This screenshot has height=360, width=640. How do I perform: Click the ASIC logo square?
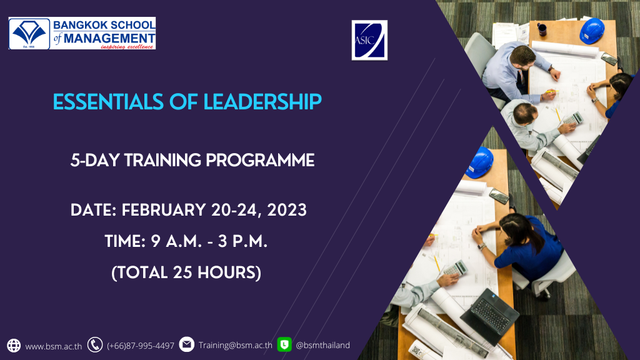tap(369, 40)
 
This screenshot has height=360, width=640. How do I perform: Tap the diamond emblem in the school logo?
tap(29, 33)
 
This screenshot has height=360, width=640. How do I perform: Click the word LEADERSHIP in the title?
tap(262, 102)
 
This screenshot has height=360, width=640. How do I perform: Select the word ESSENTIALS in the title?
tap(108, 102)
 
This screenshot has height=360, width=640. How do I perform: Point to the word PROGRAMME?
tap(260, 161)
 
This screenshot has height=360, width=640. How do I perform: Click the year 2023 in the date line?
tap(286, 210)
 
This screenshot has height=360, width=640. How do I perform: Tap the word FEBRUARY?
tap(164, 210)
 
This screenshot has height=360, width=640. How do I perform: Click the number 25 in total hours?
tap(182, 272)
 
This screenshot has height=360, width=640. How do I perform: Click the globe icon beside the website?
tap(14, 345)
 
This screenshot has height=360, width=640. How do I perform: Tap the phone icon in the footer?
tap(95, 345)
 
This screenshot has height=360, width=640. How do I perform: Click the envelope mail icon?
tap(186, 344)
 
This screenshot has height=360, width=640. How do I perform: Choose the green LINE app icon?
tap(284, 344)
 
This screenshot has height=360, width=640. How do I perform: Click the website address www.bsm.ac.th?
tap(54, 346)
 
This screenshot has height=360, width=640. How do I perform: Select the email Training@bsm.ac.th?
tap(236, 345)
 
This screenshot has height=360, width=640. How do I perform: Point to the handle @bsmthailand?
tap(322, 345)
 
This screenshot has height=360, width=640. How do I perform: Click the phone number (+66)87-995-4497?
tap(141, 346)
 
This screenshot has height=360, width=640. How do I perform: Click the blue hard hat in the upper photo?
tap(592, 31)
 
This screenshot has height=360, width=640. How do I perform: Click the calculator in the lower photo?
tap(456, 268)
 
